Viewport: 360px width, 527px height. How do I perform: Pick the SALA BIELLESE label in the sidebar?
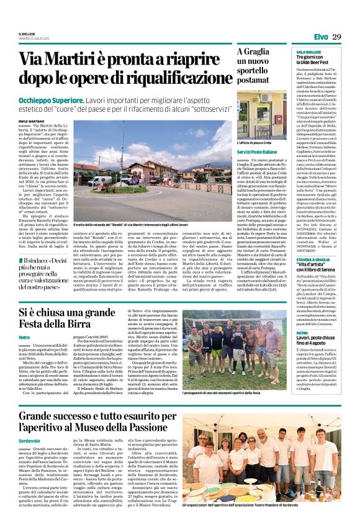coord(309,52)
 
